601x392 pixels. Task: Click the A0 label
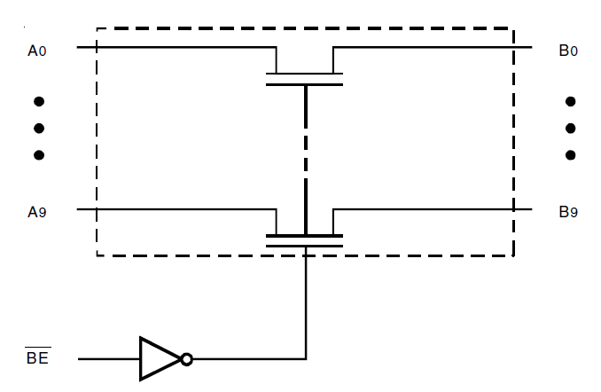(37, 51)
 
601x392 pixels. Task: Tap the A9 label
(37, 213)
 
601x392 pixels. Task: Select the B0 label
(568, 51)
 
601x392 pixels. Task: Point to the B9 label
(568, 213)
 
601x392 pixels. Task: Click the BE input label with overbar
(37, 359)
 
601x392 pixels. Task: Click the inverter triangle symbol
(158, 359)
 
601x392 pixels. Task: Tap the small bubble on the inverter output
(186, 359)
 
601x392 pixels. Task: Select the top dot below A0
(38, 102)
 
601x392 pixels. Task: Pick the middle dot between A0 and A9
(38, 129)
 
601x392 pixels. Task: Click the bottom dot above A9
(38, 155)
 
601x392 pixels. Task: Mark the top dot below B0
(570, 102)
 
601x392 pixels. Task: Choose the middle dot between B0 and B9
(570, 129)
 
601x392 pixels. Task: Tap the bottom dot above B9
(570, 155)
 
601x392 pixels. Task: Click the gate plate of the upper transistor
(305, 84)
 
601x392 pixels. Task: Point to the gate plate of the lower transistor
(305, 245)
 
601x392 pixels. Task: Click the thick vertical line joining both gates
(306, 160)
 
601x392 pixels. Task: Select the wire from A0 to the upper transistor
(177, 46)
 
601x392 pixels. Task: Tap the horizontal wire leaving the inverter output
(248, 359)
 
